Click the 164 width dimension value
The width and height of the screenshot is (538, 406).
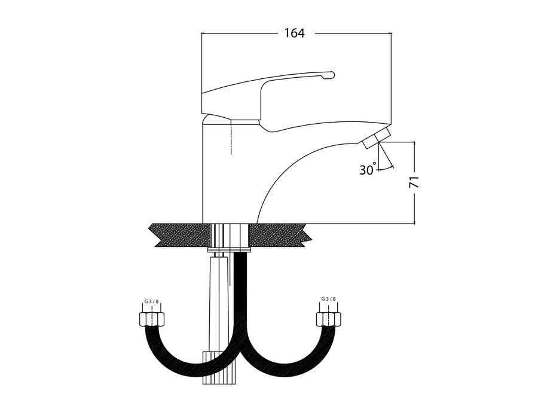coord(294,33)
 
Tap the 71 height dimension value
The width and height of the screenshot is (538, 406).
coord(415,182)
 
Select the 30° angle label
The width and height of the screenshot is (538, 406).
coord(368,169)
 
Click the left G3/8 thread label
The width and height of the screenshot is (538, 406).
coord(151,301)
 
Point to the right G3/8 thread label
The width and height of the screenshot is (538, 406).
coord(329,299)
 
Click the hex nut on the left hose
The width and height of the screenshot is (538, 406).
coord(152,319)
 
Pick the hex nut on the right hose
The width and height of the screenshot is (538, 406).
coord(328,319)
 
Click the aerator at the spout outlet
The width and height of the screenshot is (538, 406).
coord(377,138)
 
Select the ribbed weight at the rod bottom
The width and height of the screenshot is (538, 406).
coord(220,368)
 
